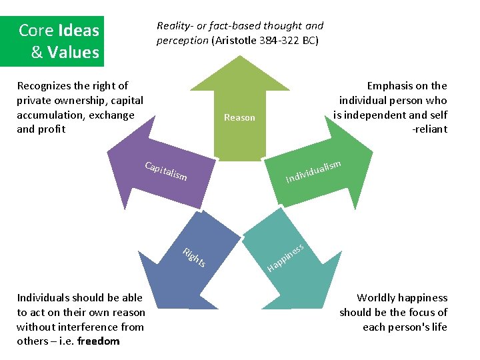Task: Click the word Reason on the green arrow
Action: tap(239, 117)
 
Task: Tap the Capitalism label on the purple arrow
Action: tap(166, 171)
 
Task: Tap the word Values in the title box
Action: tap(73, 52)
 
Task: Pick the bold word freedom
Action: tap(99, 341)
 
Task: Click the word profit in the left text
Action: tap(51, 129)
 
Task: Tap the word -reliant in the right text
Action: tap(430, 129)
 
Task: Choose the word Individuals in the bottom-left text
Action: tap(44, 297)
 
